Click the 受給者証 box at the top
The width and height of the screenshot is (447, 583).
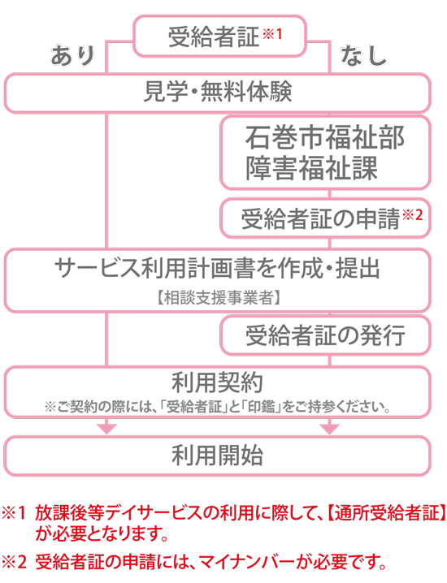click(x=219, y=36)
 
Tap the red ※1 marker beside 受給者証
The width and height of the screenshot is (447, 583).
click(x=272, y=34)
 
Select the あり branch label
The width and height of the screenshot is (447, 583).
click(x=73, y=56)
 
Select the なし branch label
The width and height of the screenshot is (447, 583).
click(x=363, y=56)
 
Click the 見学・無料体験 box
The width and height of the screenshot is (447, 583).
click(x=217, y=93)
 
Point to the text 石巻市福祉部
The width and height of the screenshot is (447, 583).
click(x=324, y=137)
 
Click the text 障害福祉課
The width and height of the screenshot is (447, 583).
click(x=311, y=168)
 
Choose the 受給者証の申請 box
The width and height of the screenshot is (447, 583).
click(x=326, y=218)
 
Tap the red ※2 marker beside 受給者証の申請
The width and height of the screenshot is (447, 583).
click(x=412, y=215)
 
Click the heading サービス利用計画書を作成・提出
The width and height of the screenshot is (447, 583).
click(x=217, y=269)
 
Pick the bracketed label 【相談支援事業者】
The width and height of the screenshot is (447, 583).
click(x=218, y=298)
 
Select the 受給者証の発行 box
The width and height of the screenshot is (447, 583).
click(x=326, y=335)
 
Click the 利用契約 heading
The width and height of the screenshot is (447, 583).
click(x=217, y=382)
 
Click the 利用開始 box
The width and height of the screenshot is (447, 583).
click(x=217, y=456)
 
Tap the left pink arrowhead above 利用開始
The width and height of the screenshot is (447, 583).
click(x=106, y=429)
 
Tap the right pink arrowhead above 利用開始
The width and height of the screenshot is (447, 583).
click(x=329, y=429)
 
